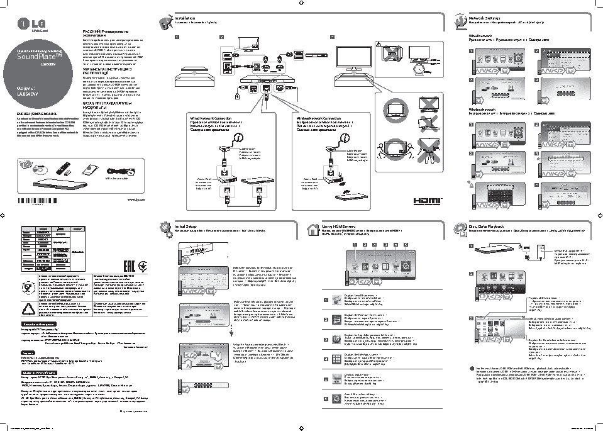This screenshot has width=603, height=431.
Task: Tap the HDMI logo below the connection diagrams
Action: pos(428,201)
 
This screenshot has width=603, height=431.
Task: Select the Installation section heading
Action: pos(186,19)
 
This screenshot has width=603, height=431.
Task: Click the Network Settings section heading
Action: pos(485,19)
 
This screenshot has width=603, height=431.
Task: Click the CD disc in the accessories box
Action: pos(41,168)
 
